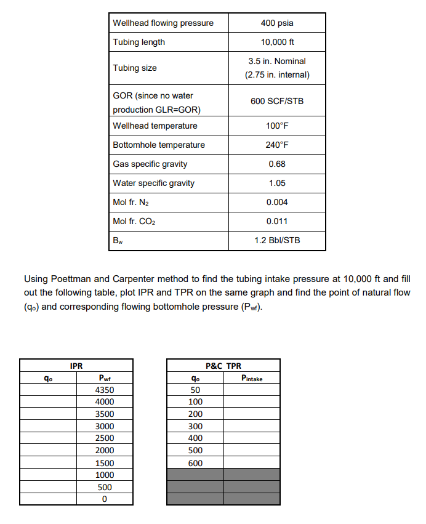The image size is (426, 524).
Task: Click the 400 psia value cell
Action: coord(277,23)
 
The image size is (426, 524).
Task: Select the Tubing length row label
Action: coord(139,42)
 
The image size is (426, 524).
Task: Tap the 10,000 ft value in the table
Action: coord(277,42)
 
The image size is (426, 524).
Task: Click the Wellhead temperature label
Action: coord(155,126)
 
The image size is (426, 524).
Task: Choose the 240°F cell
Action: coord(277,145)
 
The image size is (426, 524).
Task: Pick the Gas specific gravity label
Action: coord(150,164)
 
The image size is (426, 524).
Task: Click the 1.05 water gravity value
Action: coord(277,183)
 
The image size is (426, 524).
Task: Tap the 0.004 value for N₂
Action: coord(277,202)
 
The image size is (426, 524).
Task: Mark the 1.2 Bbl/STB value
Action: coord(277,240)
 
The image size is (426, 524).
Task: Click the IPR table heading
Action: coord(76,366)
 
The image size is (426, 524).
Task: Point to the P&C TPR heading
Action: coord(223,366)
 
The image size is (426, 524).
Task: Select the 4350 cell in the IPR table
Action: coord(105,390)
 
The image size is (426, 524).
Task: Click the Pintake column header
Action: coord(252,378)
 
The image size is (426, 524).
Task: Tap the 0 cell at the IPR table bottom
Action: coord(105,499)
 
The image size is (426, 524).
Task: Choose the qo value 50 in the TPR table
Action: coord(195,390)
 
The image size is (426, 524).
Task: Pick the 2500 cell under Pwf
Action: coord(105,438)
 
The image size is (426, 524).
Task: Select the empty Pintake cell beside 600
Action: coord(252,463)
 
